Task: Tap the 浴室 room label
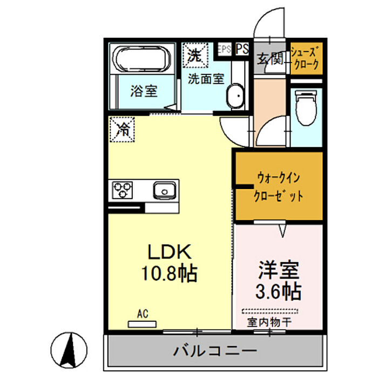click(x=143, y=91)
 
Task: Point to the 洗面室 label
click(x=205, y=79)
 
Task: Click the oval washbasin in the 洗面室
click(x=235, y=97)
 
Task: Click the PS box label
click(x=242, y=49)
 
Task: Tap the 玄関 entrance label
click(x=270, y=58)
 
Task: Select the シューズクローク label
click(x=306, y=58)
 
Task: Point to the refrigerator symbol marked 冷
click(x=123, y=130)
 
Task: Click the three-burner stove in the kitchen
click(x=122, y=191)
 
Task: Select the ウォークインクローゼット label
click(x=279, y=187)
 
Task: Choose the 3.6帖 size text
click(x=278, y=292)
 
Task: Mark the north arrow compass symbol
click(x=70, y=348)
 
